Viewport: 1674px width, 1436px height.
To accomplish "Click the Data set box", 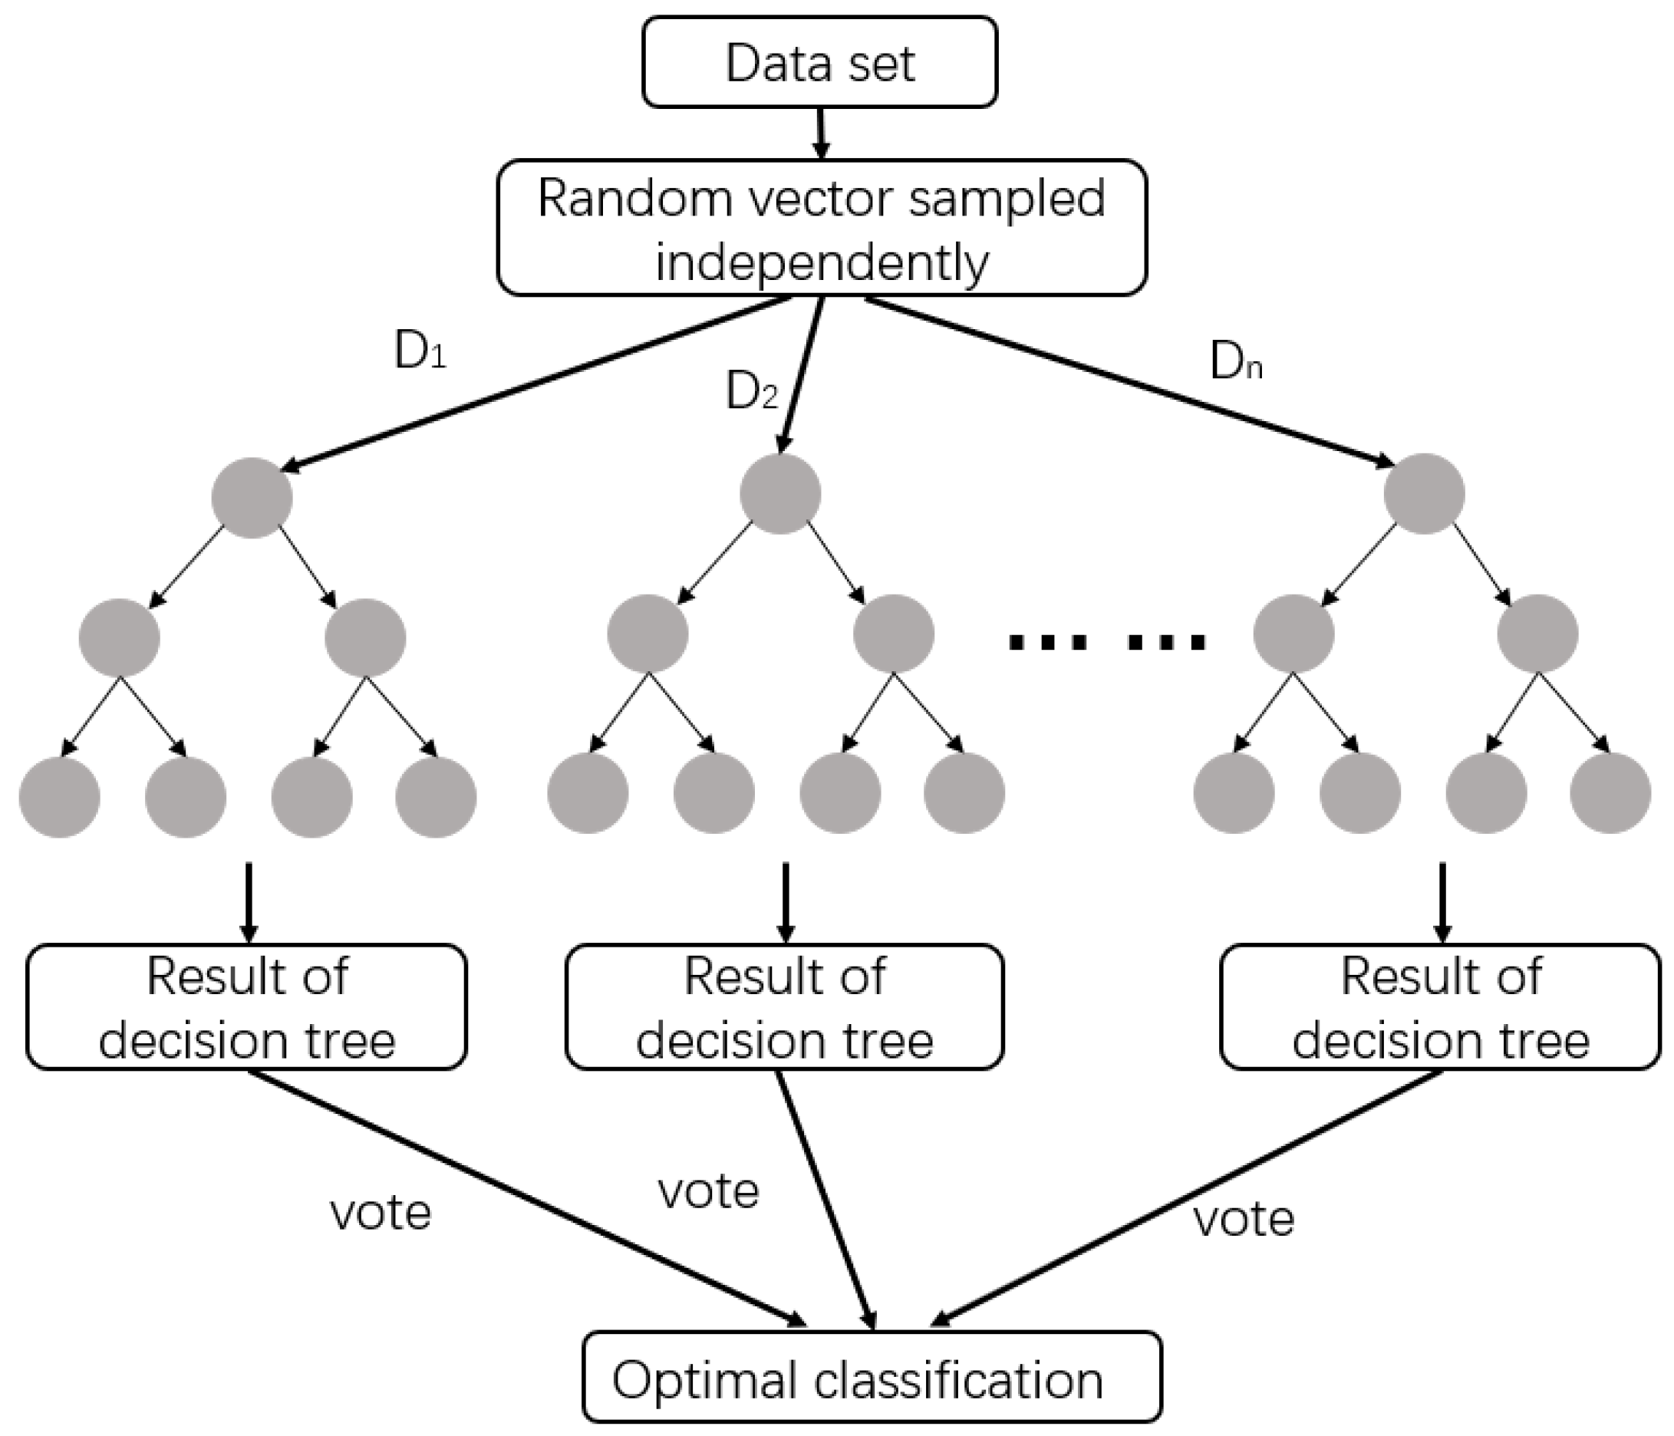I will (x=819, y=62).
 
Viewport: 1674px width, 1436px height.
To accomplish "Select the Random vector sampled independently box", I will (x=821, y=228).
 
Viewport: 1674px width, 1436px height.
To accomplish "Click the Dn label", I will (x=1235, y=362).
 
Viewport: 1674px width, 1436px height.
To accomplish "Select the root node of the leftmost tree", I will (x=252, y=498).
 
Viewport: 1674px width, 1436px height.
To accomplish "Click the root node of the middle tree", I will (x=779, y=493).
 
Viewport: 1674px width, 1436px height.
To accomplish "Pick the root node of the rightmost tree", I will (x=1424, y=493).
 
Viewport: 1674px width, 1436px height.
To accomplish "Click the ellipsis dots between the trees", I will (x=1107, y=643).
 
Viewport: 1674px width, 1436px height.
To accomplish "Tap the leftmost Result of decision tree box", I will (x=246, y=1007).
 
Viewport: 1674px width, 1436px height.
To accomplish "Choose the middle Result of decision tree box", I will (x=785, y=1007).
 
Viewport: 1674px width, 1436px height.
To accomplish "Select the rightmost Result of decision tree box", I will (x=1440, y=1007).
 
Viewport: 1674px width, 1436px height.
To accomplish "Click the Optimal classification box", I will (x=872, y=1379).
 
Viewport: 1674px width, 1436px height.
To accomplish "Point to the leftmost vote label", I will (x=381, y=1212).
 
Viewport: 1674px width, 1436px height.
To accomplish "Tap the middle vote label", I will (x=709, y=1191).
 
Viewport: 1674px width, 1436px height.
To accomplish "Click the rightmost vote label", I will (x=1244, y=1218).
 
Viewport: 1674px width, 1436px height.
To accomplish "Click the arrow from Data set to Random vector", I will (x=821, y=133).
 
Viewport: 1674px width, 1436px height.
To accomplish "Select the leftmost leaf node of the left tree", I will (x=59, y=796).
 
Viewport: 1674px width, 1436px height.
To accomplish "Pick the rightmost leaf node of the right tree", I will (x=1610, y=793).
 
